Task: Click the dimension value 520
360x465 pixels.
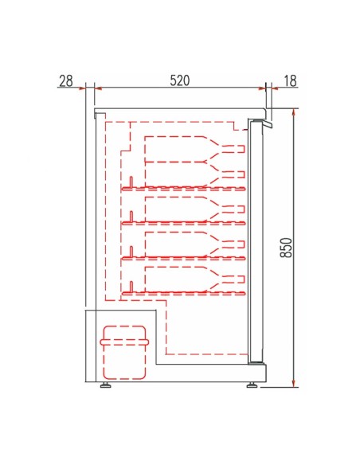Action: point(180,80)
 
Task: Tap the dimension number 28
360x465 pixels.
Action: point(65,80)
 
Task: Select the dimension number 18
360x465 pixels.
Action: point(289,80)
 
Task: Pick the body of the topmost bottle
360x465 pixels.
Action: point(175,149)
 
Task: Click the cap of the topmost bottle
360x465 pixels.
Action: point(238,148)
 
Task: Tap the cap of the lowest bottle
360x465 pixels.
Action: point(238,279)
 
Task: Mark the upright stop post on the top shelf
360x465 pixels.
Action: point(131,182)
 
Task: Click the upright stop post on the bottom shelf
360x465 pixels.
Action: point(131,286)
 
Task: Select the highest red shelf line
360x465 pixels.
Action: point(183,189)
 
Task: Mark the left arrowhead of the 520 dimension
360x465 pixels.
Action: point(98,88)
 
